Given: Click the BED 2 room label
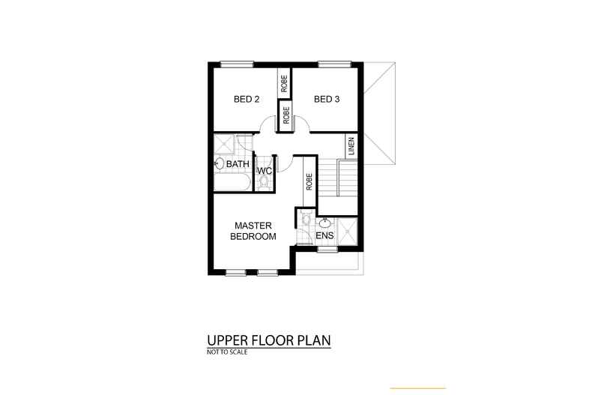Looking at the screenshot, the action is click(246, 100).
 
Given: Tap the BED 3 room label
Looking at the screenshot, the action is click(327, 100).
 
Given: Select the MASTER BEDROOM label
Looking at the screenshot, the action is click(253, 231).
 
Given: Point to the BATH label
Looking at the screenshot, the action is click(238, 164).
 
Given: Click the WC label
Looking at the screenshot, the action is click(265, 171).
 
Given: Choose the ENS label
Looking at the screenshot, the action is click(324, 235).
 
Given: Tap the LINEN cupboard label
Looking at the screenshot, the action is click(351, 146).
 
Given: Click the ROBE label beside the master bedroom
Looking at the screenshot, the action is click(309, 181).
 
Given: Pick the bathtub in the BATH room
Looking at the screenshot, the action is click(232, 183).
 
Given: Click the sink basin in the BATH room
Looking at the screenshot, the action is click(219, 164).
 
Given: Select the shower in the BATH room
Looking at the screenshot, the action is click(225, 145).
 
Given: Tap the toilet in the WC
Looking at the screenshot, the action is click(264, 184).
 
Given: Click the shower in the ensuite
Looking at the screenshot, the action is click(347, 232).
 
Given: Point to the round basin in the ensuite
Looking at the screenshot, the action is click(324, 222).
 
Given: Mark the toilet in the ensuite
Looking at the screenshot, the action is click(306, 218).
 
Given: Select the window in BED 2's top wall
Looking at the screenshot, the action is click(237, 64).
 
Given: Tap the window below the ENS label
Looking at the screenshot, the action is click(327, 250).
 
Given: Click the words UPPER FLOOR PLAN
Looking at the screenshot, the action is click(269, 340).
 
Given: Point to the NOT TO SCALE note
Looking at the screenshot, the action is click(227, 352).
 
